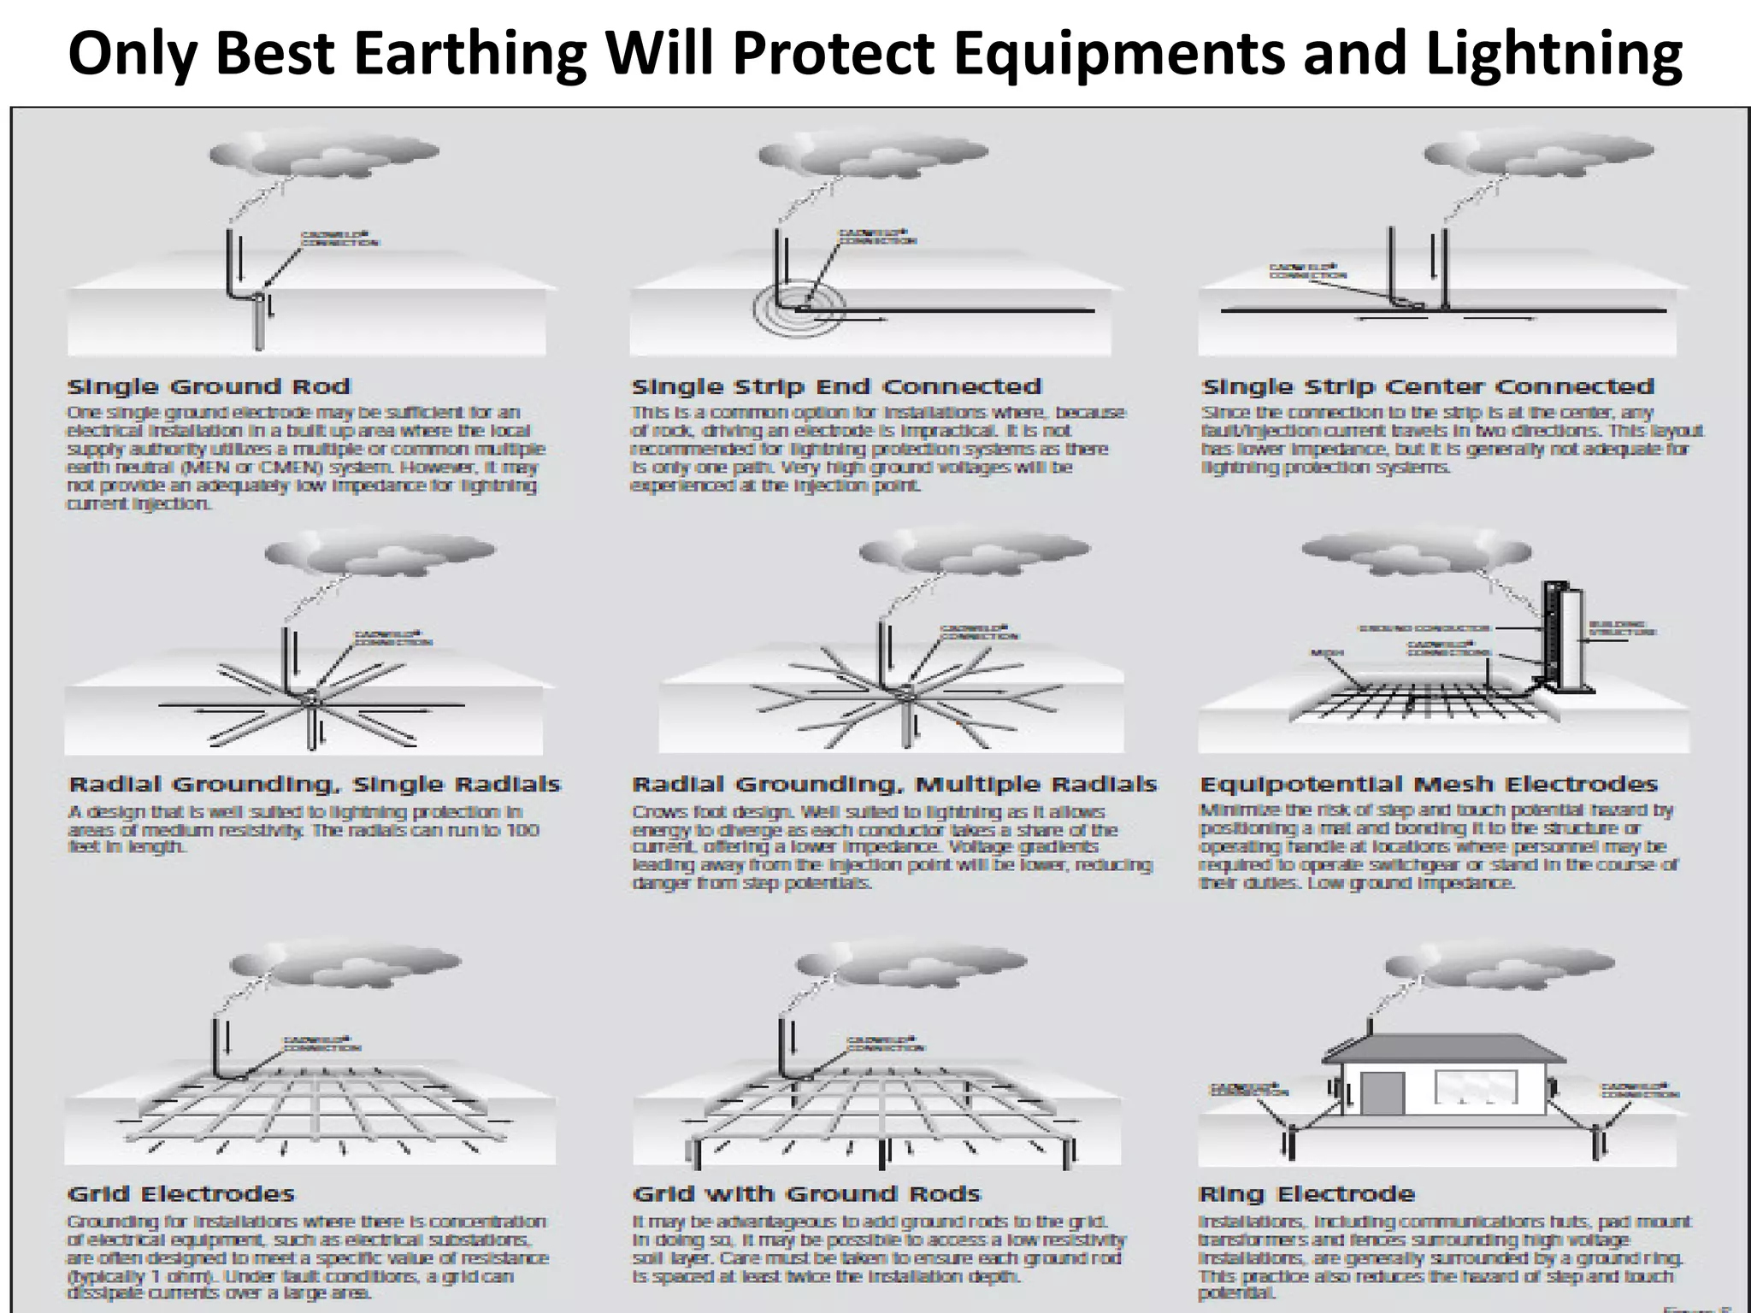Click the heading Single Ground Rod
209,387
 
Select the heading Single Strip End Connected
836,387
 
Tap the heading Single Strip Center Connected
1427,387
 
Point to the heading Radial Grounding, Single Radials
314,785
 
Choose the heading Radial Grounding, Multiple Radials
894,785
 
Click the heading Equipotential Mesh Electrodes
1429,785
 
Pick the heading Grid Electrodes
180,1194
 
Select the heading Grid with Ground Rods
806,1194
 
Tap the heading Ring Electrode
1306,1194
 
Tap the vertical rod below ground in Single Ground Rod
259,326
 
